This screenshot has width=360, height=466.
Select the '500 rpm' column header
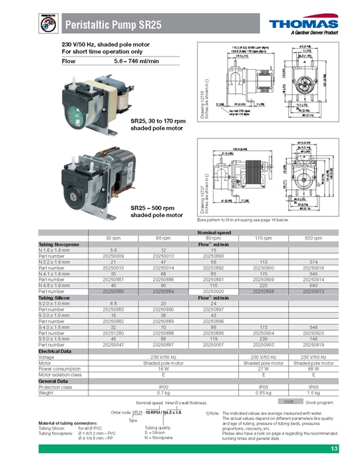pos(311,238)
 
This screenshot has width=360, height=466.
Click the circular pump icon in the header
pos(49,25)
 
